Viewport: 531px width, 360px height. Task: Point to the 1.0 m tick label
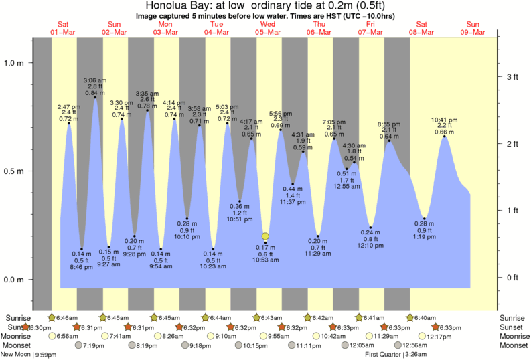click(x=13, y=63)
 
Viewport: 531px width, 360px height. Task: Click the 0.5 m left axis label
click(x=13, y=171)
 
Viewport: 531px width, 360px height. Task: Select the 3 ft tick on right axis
click(x=512, y=77)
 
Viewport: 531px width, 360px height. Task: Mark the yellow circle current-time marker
click(x=265, y=236)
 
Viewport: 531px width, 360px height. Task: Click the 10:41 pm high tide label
click(x=444, y=120)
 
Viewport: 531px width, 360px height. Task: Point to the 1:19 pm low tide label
click(x=425, y=238)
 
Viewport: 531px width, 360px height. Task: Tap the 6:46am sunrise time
click(x=68, y=317)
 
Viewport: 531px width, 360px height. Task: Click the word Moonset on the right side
click(x=513, y=345)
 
